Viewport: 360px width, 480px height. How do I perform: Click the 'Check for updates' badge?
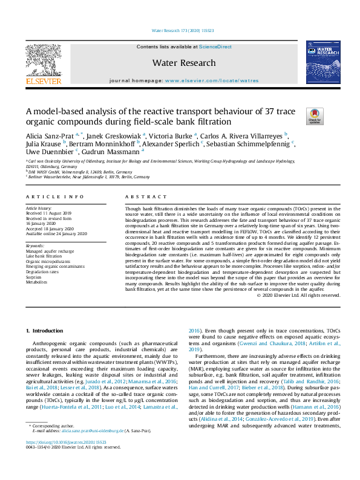(x=315, y=115)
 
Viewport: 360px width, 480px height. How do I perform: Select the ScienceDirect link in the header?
(x=216, y=47)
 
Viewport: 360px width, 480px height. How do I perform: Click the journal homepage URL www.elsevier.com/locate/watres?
(x=211, y=80)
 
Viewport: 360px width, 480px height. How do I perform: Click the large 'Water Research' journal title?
(x=183, y=63)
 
